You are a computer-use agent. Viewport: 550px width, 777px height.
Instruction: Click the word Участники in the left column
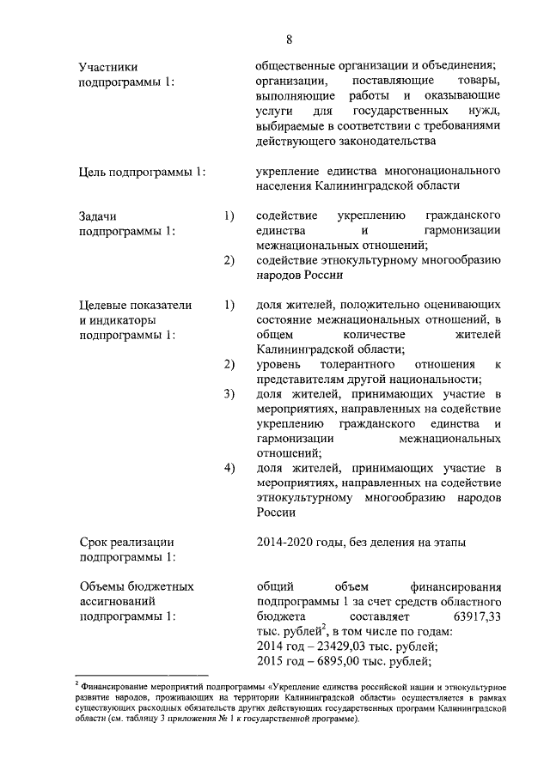click(107, 66)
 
